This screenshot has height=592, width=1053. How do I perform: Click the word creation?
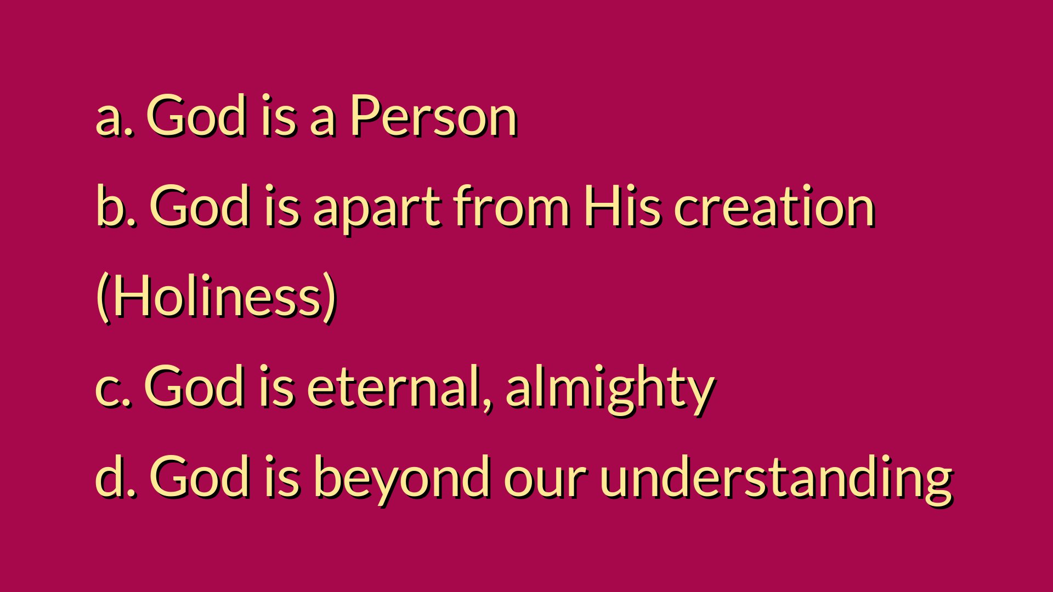tap(773, 205)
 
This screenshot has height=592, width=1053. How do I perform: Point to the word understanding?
tap(777, 479)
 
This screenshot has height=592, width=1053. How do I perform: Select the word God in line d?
tap(200, 476)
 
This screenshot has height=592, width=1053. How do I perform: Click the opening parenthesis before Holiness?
tap(103, 297)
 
